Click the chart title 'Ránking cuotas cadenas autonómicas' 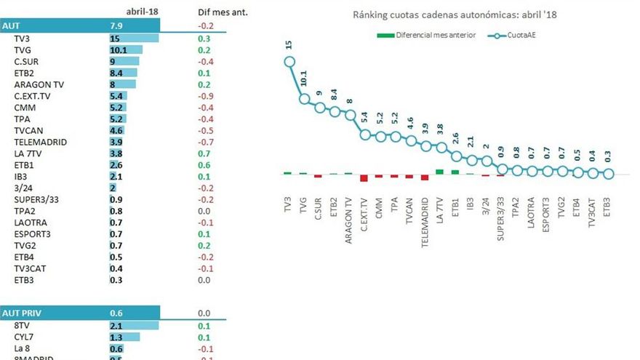coord(454,15)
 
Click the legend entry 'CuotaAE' coord(516,35)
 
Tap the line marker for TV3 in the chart coord(289,62)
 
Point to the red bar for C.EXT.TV coord(364,177)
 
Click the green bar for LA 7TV coord(439,172)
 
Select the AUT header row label coord(12,26)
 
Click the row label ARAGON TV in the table coord(42,84)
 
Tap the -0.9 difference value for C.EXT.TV coord(205,96)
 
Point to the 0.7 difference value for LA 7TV coord(205,154)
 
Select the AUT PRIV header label coord(22,313)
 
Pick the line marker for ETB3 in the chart coord(608,174)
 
